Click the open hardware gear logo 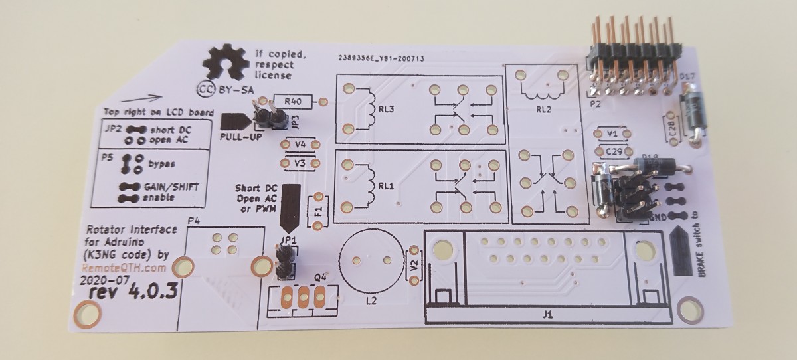[226, 64]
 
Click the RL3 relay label [387, 111]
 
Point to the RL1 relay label [387, 187]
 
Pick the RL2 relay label [544, 110]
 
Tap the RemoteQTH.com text [122, 268]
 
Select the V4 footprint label [300, 144]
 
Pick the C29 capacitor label [614, 152]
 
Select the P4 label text [194, 221]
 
